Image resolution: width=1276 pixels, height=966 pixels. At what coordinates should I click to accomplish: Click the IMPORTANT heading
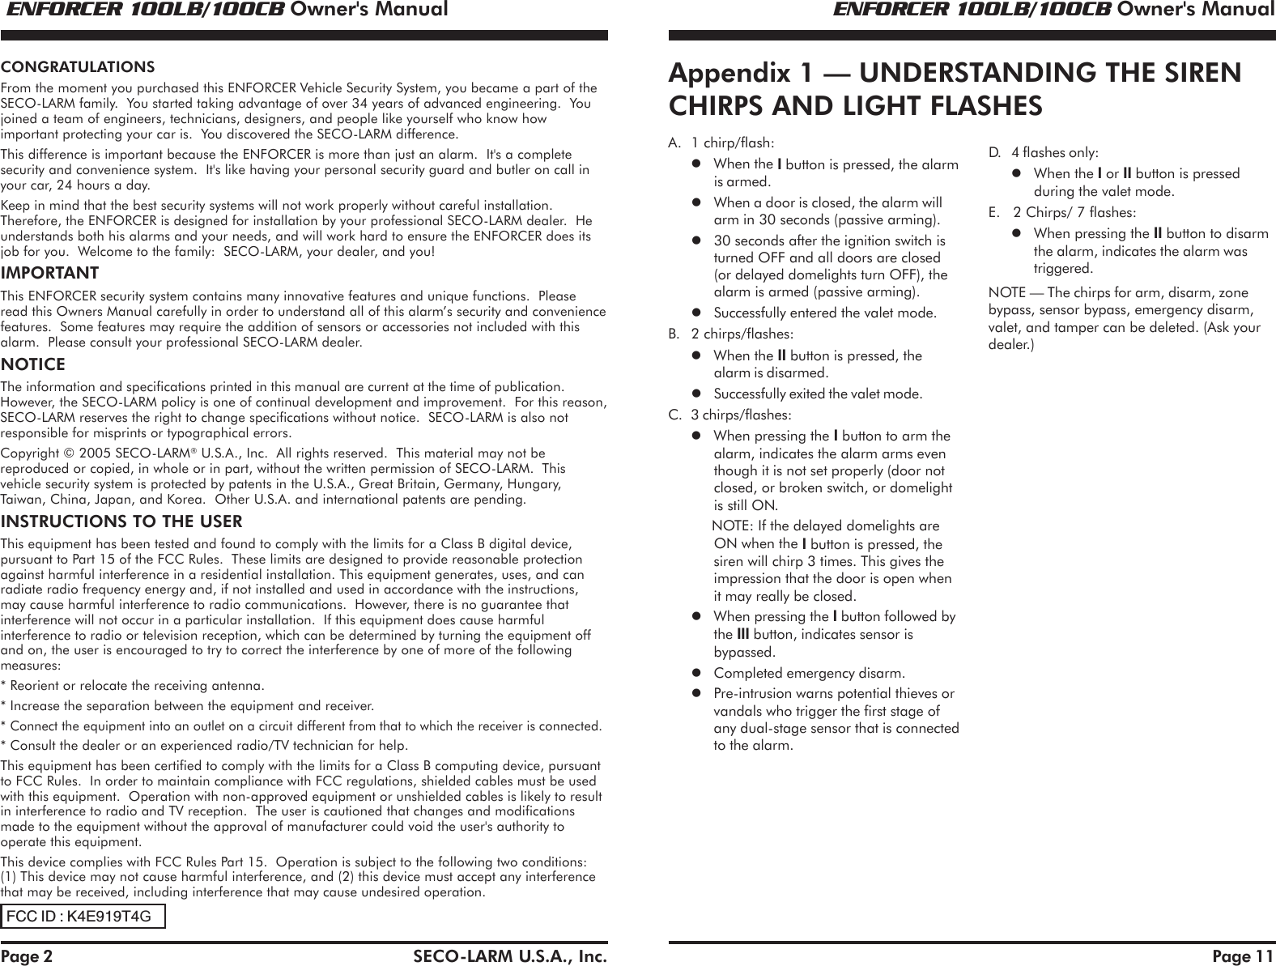[x=49, y=273]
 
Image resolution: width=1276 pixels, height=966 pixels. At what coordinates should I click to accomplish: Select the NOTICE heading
[x=33, y=365]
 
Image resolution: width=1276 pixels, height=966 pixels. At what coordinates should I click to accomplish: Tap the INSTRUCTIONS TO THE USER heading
[x=121, y=521]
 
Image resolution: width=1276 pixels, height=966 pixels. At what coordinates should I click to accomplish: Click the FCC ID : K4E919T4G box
[x=83, y=916]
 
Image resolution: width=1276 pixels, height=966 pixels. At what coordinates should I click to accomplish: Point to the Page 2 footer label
[x=27, y=956]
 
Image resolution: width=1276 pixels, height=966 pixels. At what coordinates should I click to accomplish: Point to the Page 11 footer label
[x=1243, y=956]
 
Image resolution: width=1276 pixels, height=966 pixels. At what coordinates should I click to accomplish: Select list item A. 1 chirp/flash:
[x=721, y=143]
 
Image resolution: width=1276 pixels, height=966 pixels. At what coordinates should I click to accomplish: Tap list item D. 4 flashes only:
[x=1044, y=152]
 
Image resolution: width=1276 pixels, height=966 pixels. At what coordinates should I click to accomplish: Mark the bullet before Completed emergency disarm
[x=695, y=673]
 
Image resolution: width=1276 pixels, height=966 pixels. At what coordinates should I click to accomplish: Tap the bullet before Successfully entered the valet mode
[x=695, y=313]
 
